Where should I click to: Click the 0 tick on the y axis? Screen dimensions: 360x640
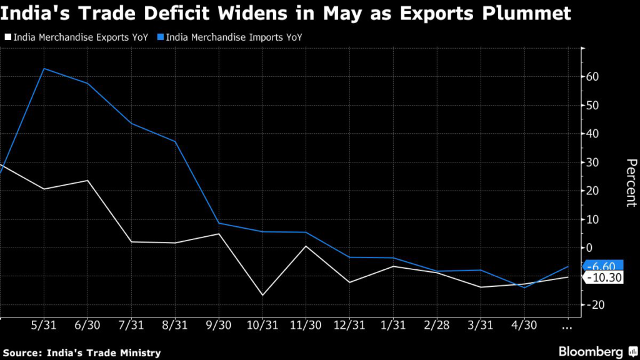(x=588, y=248)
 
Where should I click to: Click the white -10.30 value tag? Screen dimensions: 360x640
(x=602, y=277)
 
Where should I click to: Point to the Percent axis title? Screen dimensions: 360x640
(x=631, y=182)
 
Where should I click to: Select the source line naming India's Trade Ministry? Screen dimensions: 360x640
(x=81, y=352)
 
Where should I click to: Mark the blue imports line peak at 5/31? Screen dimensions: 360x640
(x=43, y=68)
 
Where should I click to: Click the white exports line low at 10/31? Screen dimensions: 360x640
(x=262, y=295)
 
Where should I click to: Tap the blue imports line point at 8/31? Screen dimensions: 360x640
(x=174, y=141)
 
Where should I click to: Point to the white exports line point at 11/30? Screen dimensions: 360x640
(x=306, y=246)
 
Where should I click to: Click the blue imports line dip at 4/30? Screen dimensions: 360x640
(x=524, y=287)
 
